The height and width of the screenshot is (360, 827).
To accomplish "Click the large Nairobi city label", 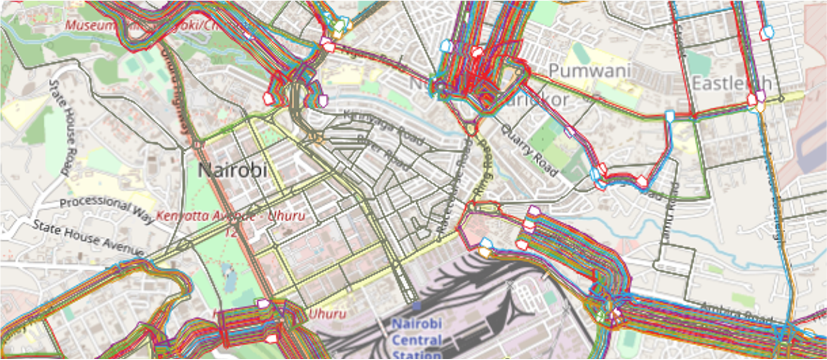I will pos(232,170).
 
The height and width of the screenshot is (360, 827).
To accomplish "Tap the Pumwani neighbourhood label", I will pos(589,71).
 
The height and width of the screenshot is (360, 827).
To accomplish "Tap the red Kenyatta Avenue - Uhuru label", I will pos(231,215).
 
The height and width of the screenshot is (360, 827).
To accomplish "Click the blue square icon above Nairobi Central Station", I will pos(417,306).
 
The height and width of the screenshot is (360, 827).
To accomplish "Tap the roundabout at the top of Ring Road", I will pos(471,127).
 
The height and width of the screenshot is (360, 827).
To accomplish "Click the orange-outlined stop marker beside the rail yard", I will pos(483,252).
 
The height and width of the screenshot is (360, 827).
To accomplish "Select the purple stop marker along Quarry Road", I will pos(569,131).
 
